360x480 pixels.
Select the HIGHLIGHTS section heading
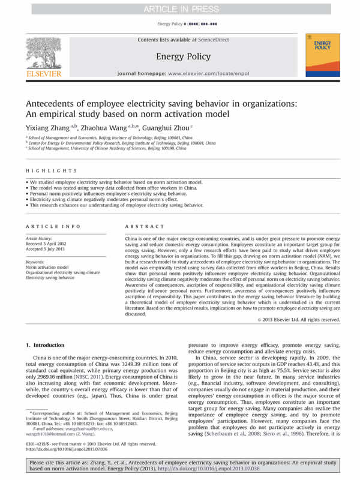click(44, 170)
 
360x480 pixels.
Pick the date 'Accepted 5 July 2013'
click(50, 249)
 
